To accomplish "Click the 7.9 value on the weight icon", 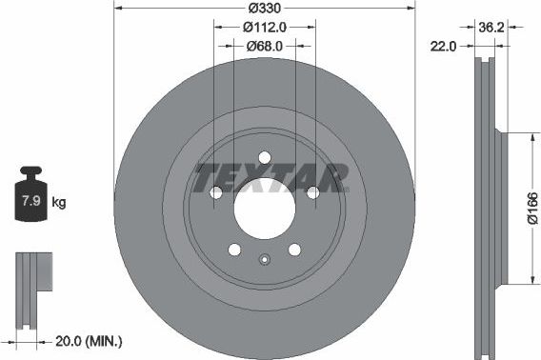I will (x=30, y=202).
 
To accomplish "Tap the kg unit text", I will (x=58, y=202).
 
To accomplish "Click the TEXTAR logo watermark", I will (x=271, y=177).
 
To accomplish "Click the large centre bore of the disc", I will (x=264, y=209).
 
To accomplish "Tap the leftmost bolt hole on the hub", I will (x=216, y=193).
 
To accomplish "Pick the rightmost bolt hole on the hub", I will (x=312, y=193).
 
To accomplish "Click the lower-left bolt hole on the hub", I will (x=234, y=250).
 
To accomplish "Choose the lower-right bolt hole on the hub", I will (x=294, y=250).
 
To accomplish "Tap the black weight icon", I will (x=30, y=197).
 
